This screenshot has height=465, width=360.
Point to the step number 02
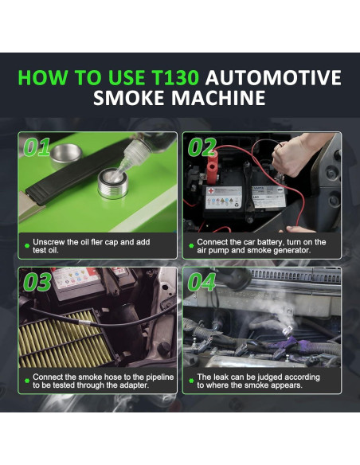coord(203,148)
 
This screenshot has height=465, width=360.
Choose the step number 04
coord(203,283)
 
